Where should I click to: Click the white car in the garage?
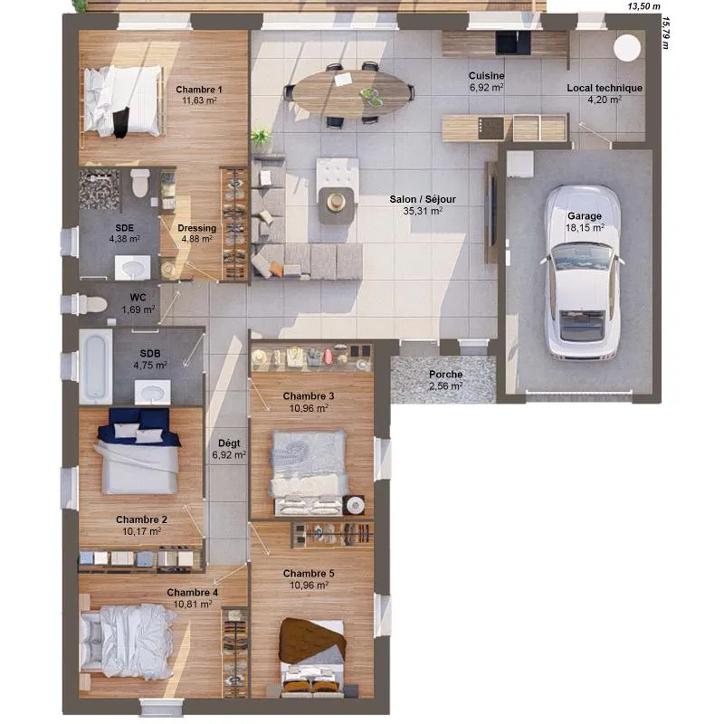pyautogui.click(x=583, y=272)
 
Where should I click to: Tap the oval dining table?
pyautogui.click(x=353, y=93)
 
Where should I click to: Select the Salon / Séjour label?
pyautogui.click(x=423, y=199)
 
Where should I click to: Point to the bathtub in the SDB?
pyautogui.click(x=96, y=367)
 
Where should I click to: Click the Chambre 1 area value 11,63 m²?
pyautogui.click(x=199, y=100)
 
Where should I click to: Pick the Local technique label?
pyautogui.click(x=605, y=88)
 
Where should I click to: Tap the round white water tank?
pyautogui.click(x=627, y=48)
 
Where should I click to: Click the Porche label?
pyautogui.click(x=445, y=375)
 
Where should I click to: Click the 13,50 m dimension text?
pyautogui.click(x=643, y=6)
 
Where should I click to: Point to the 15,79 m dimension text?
pyautogui.click(x=665, y=33)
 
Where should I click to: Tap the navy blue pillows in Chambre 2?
pyautogui.click(x=139, y=420)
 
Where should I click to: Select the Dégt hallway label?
pyautogui.click(x=229, y=443)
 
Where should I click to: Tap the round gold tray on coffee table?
pyautogui.click(x=336, y=201)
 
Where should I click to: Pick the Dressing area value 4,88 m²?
pyautogui.click(x=196, y=239)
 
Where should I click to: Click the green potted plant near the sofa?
pyautogui.click(x=261, y=138)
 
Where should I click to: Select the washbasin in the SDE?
pyautogui.click(x=132, y=268)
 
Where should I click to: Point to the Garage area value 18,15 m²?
pyautogui.click(x=585, y=228)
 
